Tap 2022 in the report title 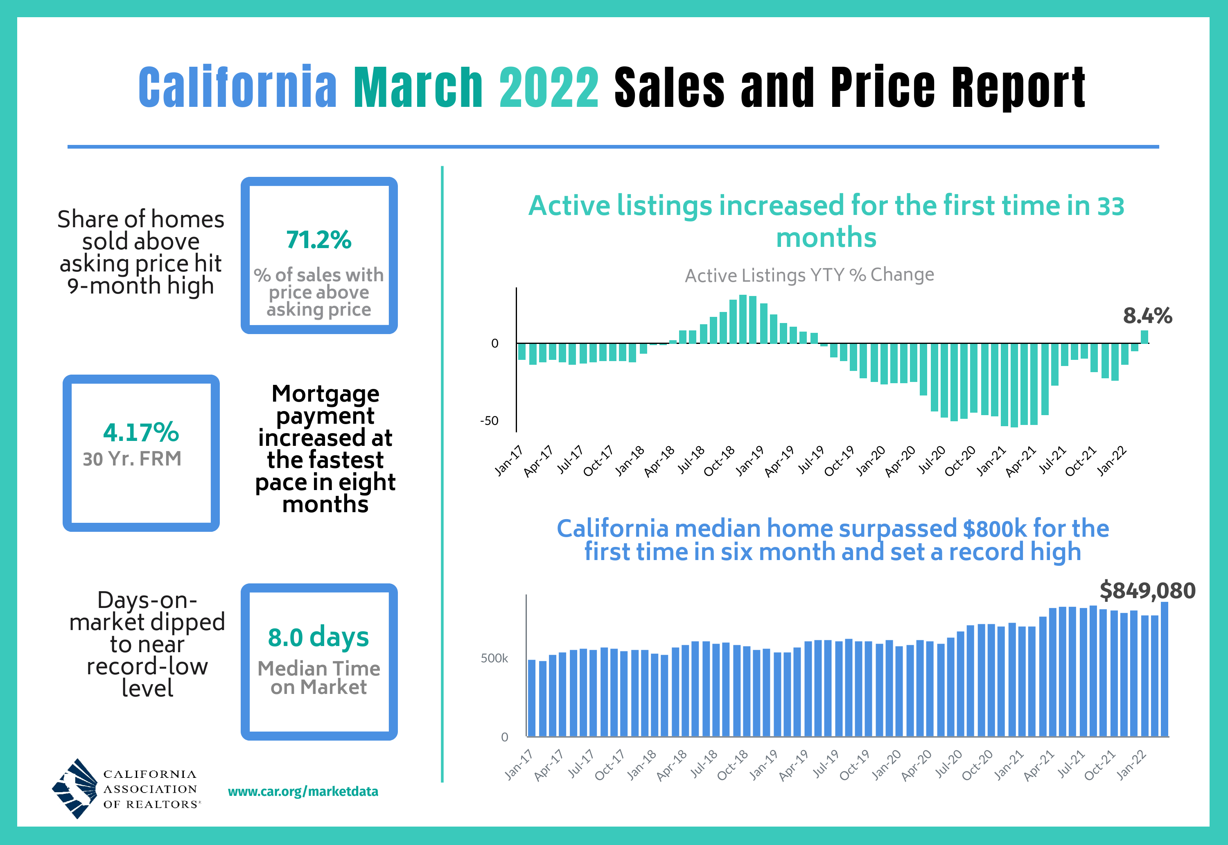(x=549, y=87)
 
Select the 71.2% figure (x=318, y=240)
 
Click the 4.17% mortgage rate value (x=141, y=433)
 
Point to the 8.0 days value (x=318, y=637)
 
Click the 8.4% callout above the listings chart (x=1147, y=316)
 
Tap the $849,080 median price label (x=1147, y=590)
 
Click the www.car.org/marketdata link (x=303, y=791)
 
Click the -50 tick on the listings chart (x=489, y=421)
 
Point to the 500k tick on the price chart (x=494, y=658)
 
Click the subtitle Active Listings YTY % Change (x=809, y=275)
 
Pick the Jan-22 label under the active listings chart (x=1112, y=461)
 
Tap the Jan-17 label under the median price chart (x=518, y=766)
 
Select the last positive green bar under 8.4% (x=1144, y=337)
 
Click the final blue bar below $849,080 (x=1165, y=669)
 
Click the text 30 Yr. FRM (x=132, y=459)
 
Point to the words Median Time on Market (x=318, y=678)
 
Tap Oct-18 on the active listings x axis (x=719, y=461)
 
